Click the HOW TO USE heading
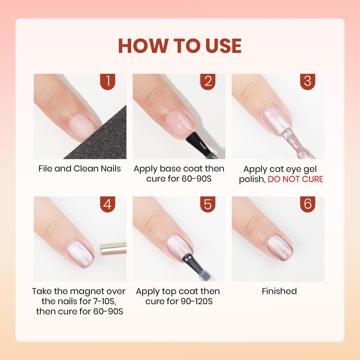click(180, 46)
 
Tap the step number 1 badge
click(108, 81)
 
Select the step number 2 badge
click(207, 81)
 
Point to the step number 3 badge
click(308, 81)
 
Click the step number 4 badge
click(108, 204)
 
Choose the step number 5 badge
click(207, 204)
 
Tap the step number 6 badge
click(308, 204)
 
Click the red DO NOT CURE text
click(296, 179)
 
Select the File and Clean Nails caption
click(80, 169)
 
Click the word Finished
click(279, 291)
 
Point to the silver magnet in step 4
click(113, 249)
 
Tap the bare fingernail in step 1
click(83, 126)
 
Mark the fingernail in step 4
click(80, 255)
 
